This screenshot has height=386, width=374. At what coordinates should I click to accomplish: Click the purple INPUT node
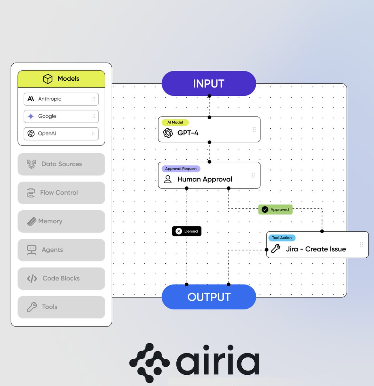pos(209,84)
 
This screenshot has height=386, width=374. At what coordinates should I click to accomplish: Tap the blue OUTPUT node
pos(209,297)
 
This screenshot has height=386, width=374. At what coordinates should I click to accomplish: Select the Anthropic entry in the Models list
pos(61,99)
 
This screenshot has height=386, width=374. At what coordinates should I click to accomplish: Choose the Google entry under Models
pos(61,116)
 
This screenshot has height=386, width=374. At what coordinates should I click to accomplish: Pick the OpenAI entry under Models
pos(61,133)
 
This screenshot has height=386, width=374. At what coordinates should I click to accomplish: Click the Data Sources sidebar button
pos(61,164)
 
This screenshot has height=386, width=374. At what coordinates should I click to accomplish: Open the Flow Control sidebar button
pos(61,193)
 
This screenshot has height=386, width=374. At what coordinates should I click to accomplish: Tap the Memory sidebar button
pos(61,221)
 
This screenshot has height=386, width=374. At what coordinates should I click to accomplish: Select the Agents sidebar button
pos(61,250)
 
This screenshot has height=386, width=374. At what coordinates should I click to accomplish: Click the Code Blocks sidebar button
pos(61,278)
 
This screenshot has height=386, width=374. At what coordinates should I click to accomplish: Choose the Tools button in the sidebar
pos(61,307)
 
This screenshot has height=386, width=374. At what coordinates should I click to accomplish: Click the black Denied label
pos(187,231)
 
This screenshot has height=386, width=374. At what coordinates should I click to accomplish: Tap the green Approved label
pos(276,209)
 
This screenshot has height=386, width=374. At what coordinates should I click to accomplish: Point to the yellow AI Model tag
pos(175,123)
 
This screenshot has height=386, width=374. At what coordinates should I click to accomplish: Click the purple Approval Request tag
pos(181,169)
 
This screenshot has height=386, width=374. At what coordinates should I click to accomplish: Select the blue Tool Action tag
pos(282,238)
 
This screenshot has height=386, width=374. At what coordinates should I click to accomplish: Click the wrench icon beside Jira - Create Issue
pos(276,249)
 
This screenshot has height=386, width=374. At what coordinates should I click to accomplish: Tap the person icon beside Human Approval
pos(168,179)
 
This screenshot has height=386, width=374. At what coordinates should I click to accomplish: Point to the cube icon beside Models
pos(48,79)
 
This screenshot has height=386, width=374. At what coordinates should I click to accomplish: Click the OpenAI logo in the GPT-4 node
pos(168,133)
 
